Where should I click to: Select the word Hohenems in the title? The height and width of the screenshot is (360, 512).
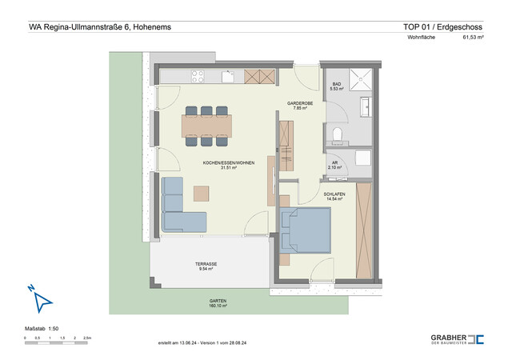tap(147, 26)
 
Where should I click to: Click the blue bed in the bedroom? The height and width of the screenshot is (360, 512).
tap(306, 230)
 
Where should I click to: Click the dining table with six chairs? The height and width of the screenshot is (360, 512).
tap(206, 125)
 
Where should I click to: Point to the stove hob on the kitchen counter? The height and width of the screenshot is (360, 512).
tap(196, 77)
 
